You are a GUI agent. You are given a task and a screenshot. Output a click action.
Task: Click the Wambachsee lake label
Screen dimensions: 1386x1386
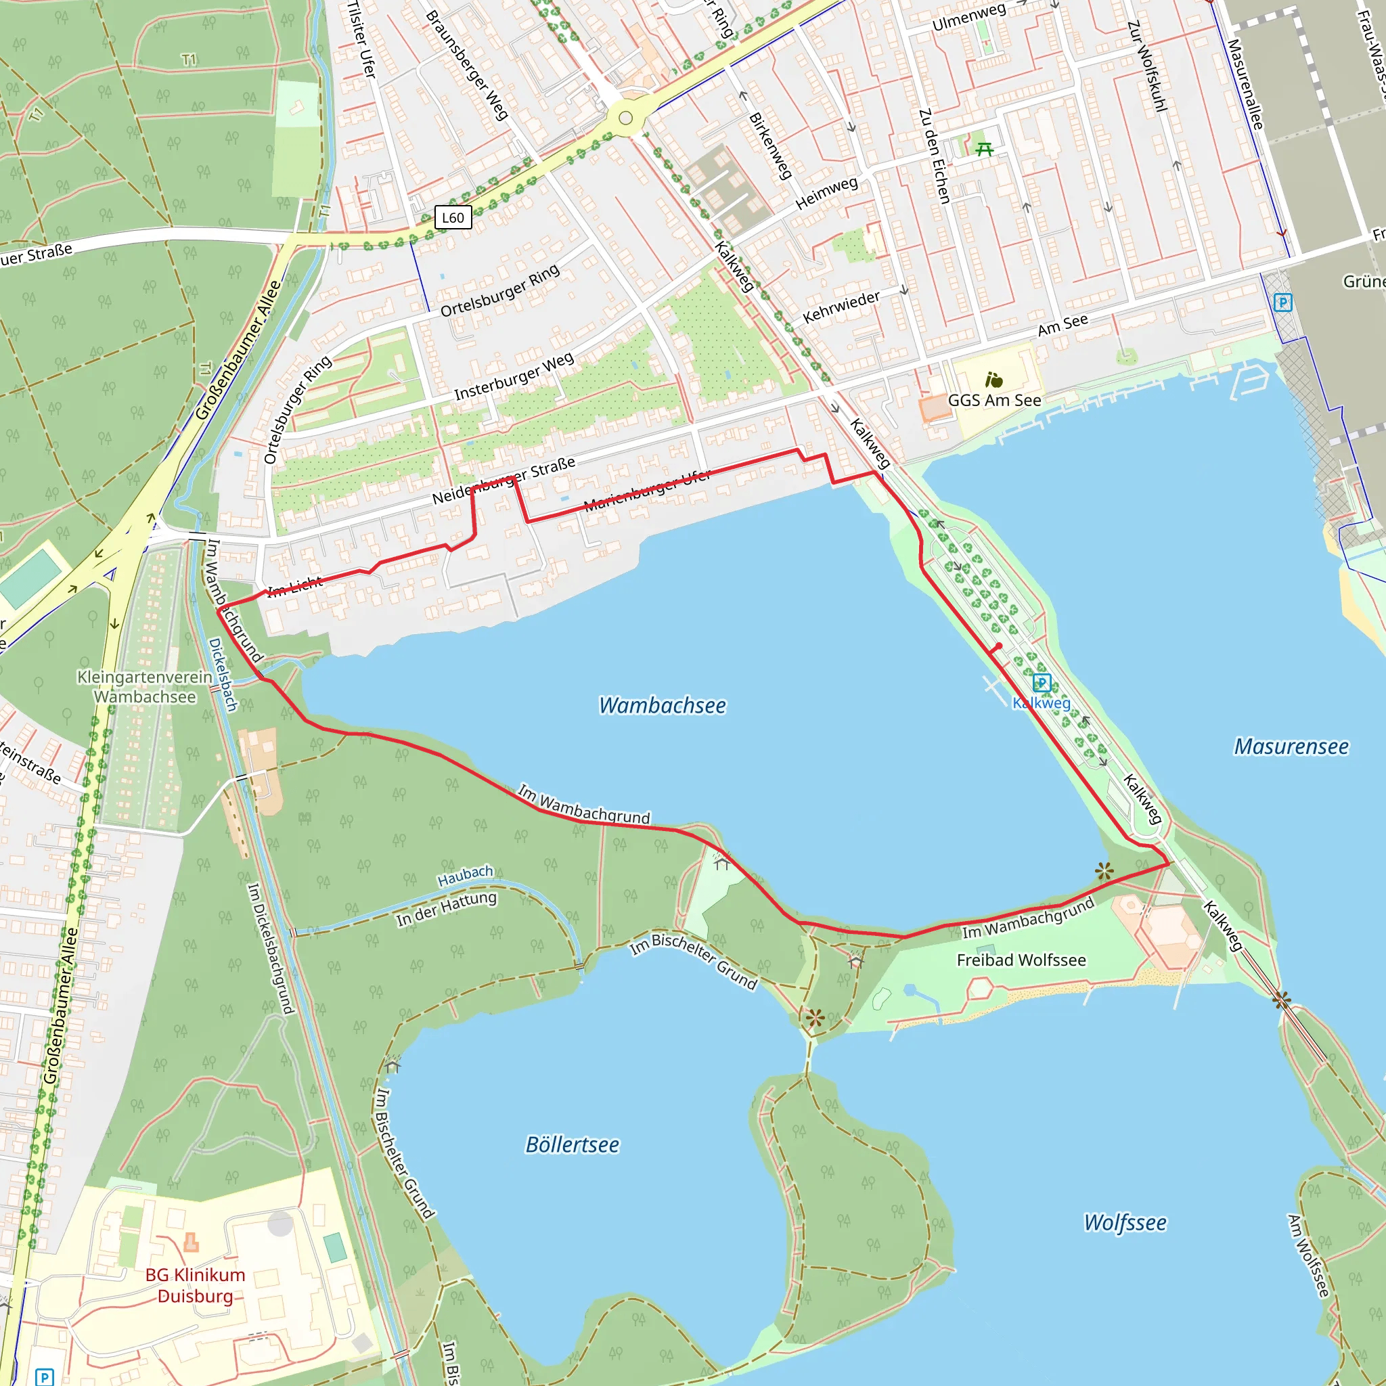coord(662,706)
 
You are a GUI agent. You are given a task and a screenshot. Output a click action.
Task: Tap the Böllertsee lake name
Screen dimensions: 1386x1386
coord(572,1145)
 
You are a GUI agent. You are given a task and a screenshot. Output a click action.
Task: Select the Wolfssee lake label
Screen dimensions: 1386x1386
coord(1125,1223)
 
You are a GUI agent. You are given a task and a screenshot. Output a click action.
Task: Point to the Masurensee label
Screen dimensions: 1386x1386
coord(1291,747)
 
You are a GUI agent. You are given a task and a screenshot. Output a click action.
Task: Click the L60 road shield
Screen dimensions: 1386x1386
coord(453,218)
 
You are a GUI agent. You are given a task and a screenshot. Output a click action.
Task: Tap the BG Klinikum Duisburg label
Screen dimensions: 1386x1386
coord(195,1286)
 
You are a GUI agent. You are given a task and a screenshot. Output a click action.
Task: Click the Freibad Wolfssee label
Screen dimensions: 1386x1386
coord(1021,960)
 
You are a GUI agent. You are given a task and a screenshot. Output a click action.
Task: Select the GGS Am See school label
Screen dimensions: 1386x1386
coord(994,401)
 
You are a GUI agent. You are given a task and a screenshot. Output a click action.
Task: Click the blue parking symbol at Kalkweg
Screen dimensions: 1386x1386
coord(1042,684)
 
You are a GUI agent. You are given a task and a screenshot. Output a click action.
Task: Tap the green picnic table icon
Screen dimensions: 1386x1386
coord(984,149)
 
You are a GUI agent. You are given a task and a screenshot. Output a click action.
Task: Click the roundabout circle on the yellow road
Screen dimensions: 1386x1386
coord(625,118)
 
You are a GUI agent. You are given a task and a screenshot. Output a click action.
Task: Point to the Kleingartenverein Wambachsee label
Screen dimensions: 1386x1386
coord(145,686)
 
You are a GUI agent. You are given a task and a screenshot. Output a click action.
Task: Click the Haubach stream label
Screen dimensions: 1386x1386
coord(466,875)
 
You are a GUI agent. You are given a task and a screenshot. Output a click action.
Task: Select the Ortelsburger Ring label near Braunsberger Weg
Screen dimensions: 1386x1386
coord(499,290)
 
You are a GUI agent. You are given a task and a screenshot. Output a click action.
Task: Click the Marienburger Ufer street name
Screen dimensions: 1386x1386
coord(647,490)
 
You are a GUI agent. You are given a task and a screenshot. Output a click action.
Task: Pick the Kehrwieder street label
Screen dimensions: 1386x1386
coord(841,307)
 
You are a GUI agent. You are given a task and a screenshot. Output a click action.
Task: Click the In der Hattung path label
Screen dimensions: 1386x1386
coord(446,908)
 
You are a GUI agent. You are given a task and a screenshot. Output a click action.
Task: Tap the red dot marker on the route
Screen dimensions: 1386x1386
coord(999,646)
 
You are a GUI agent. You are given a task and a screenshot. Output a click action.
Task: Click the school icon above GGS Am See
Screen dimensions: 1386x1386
coord(993,380)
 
